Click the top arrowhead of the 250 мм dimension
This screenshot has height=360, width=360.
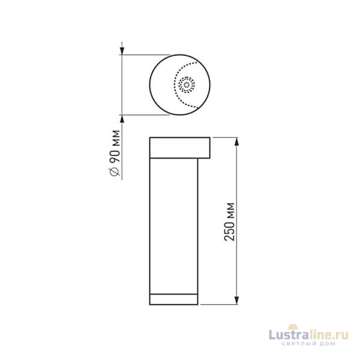[236, 142]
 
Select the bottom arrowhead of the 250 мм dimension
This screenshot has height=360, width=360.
[236, 301]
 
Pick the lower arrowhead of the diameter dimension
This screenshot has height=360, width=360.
[122, 118]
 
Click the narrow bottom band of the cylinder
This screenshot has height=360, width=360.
[173, 300]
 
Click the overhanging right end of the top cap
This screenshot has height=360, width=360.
[205, 148]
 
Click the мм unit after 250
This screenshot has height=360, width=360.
[229, 210]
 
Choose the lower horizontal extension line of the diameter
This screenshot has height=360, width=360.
[144, 114]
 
